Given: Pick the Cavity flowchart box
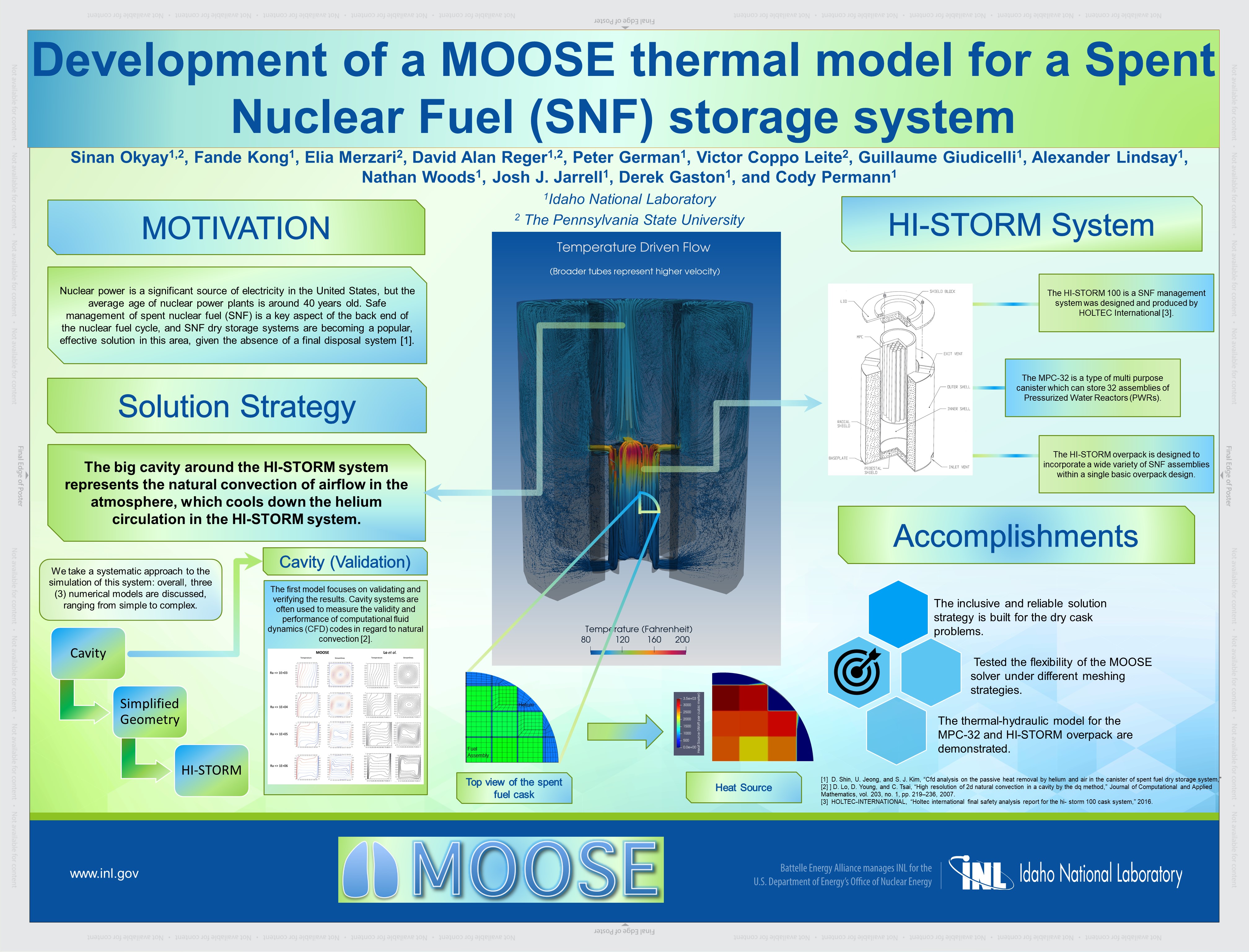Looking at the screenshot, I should pos(88,653).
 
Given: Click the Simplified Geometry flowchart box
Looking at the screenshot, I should pos(150,712).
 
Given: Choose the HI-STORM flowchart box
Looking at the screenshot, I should pos(211,770).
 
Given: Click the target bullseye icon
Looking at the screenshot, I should pos(857,673).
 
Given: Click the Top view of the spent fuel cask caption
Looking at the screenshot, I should pos(514,788).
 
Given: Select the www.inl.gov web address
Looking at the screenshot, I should pos(104,873).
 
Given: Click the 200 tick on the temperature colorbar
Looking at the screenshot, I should pos(682,640).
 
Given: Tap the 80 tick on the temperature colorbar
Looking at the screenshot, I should pos(586,640).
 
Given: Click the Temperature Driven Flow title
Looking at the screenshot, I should pos(633,247).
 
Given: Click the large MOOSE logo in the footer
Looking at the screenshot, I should pos(501,869).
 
